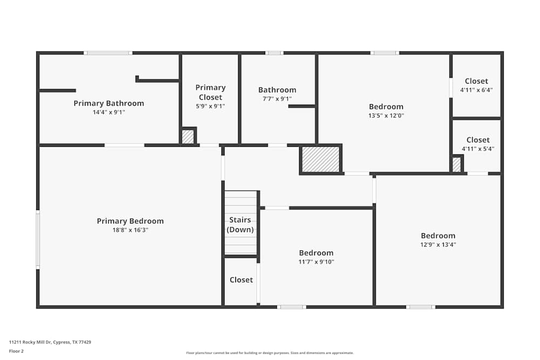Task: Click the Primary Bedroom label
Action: [130, 221]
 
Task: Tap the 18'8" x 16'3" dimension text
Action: [130, 230]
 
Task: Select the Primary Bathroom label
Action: [109, 103]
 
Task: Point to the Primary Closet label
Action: [210, 92]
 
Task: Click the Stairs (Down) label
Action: [240, 225]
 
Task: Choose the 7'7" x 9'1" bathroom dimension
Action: [277, 99]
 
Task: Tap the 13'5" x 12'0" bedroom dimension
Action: [386, 116]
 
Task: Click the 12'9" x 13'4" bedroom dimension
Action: [438, 244]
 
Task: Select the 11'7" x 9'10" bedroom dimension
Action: [316, 262]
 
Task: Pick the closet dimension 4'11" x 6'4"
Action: [476, 90]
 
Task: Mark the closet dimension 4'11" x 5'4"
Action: [477, 149]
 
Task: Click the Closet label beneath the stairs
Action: [241, 280]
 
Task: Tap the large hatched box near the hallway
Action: [320, 159]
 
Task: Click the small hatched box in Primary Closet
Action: [187, 137]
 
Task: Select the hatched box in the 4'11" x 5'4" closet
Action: [456, 165]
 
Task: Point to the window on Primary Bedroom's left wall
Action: [38, 240]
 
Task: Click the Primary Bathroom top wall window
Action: [108, 53]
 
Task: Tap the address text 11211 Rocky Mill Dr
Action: [50, 342]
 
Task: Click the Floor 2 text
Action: [16, 351]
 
